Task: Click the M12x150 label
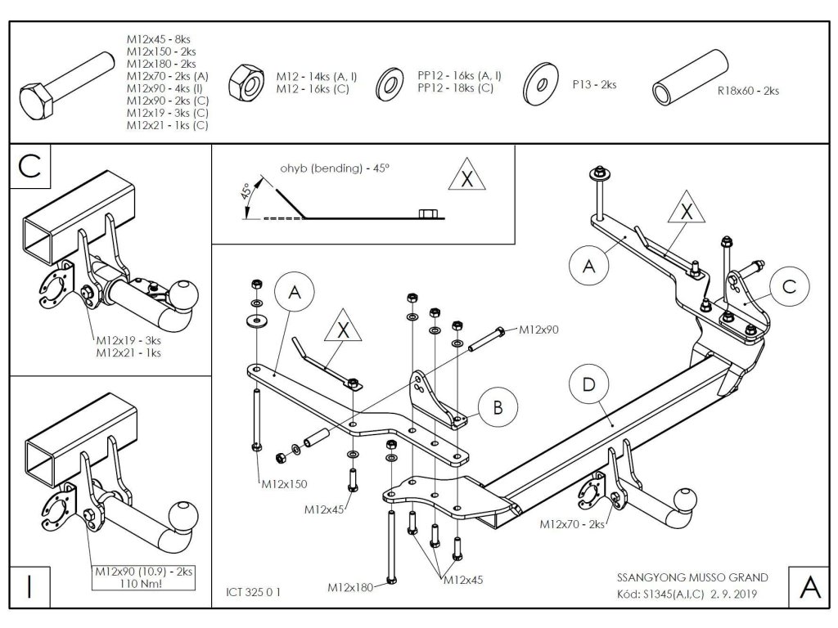284,484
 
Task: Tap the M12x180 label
350,587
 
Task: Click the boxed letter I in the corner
29,588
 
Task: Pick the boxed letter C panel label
29,166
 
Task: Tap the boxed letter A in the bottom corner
808,587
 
